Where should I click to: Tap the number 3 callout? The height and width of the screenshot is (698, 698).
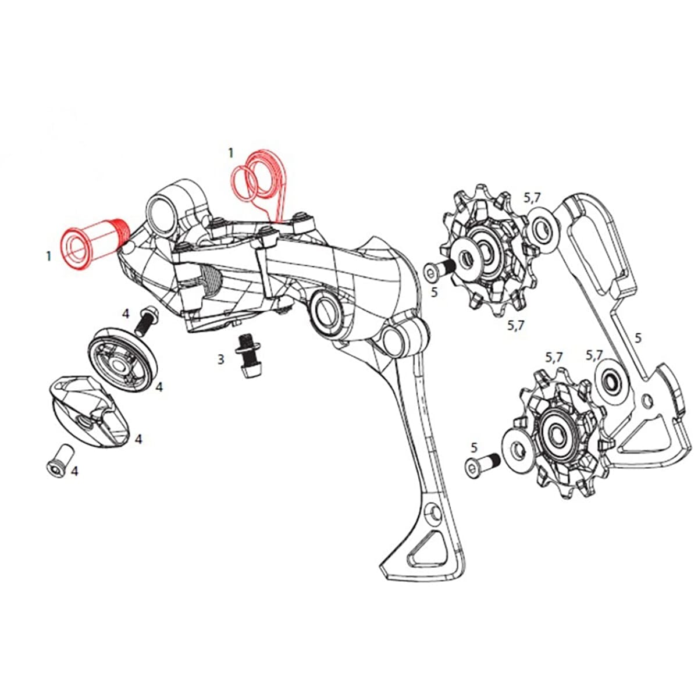tap(220, 359)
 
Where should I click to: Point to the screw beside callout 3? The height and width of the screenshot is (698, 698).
tap(247, 354)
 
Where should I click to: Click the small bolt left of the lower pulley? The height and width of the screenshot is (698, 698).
tap(480, 465)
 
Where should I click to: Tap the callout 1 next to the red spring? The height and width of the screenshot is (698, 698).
tap(230, 152)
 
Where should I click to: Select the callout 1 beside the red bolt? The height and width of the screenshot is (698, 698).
tap(49, 255)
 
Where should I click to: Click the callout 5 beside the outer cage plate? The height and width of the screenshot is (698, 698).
tap(638, 337)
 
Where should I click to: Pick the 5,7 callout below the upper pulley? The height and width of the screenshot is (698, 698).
tap(515, 325)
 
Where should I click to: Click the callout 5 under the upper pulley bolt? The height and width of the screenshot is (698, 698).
tap(434, 292)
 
